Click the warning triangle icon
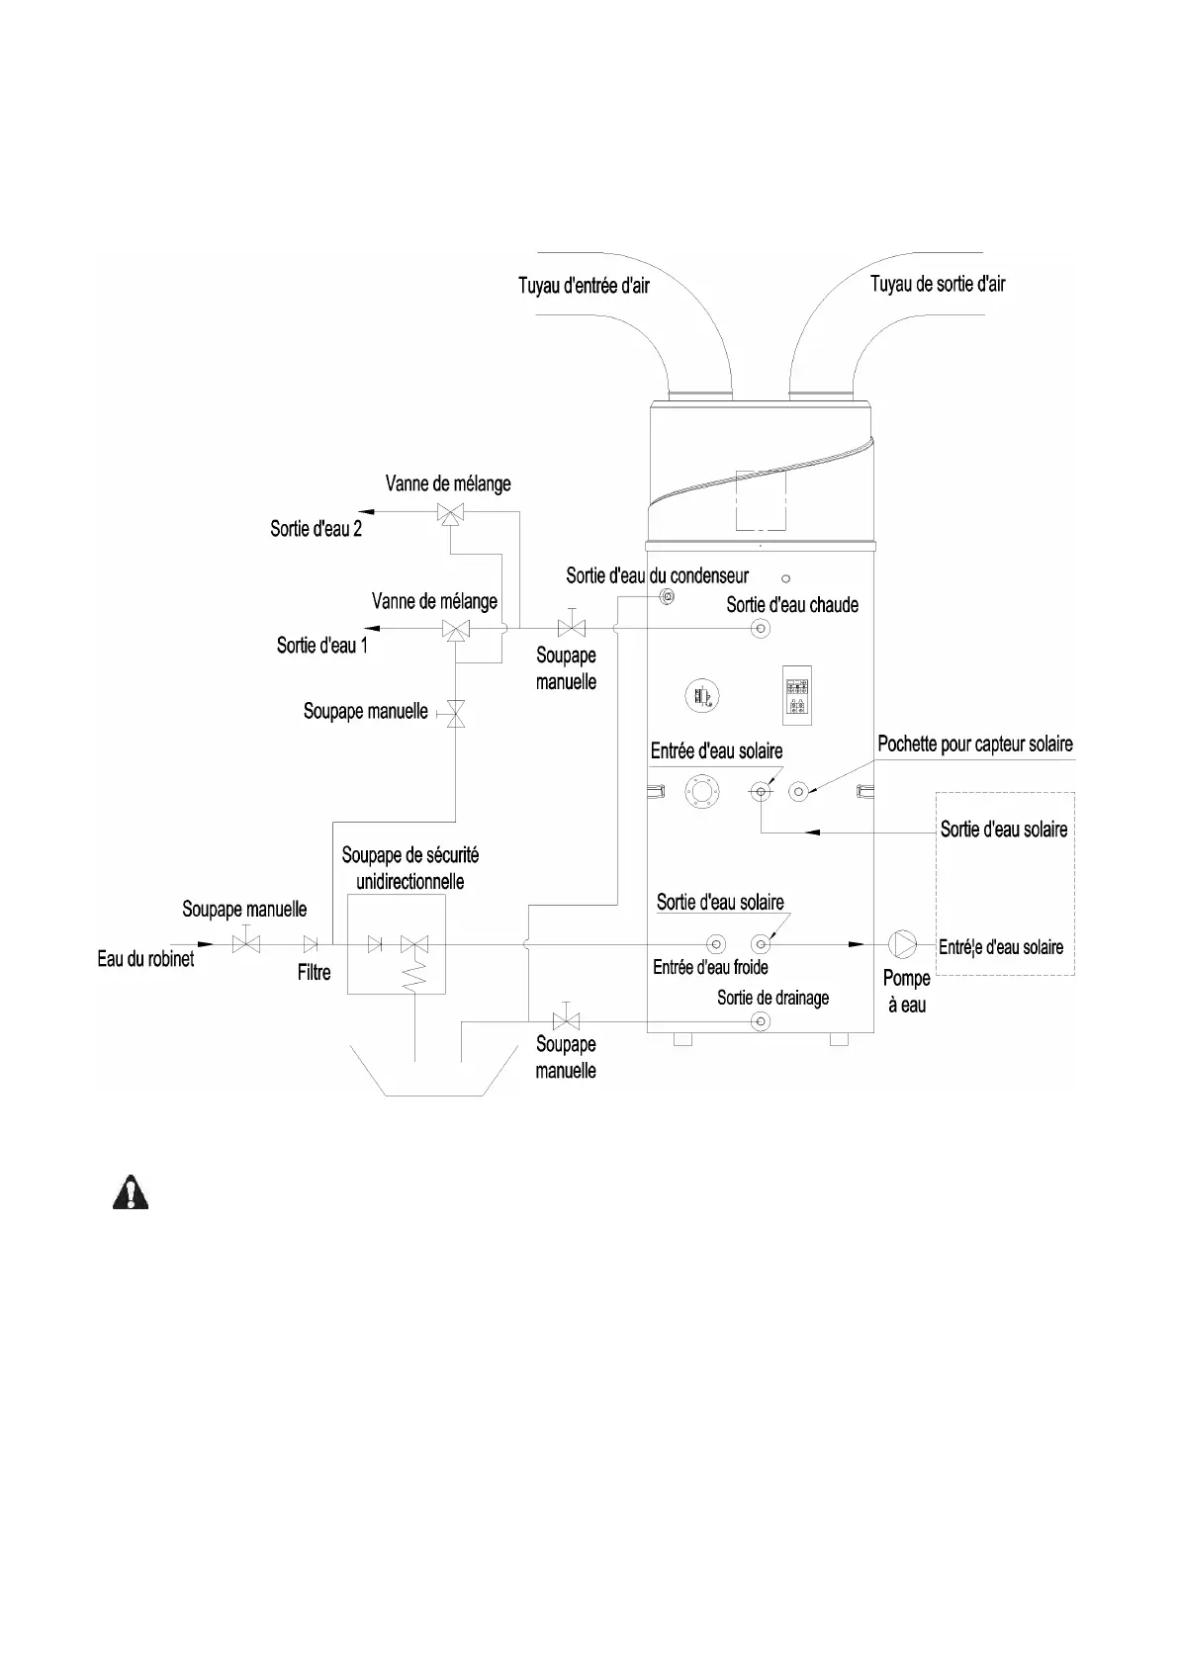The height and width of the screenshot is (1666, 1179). pyautogui.click(x=129, y=1193)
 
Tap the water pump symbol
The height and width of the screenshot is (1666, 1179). pyautogui.click(x=903, y=943)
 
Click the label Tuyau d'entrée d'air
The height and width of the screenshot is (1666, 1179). pyautogui.click(x=584, y=286)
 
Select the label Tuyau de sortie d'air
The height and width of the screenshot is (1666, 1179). pyautogui.click(x=938, y=285)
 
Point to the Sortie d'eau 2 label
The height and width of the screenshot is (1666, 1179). pyautogui.click(x=316, y=529)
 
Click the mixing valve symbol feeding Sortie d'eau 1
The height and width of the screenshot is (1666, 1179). pyautogui.click(x=456, y=630)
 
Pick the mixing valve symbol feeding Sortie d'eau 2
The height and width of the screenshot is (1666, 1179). pyautogui.click(x=450, y=513)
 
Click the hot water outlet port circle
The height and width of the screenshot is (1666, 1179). pyautogui.click(x=761, y=629)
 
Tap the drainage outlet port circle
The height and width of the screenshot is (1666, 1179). pyautogui.click(x=761, y=1021)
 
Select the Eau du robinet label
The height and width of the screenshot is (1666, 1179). pyautogui.click(x=145, y=958)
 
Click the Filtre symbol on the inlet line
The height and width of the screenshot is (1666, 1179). pyautogui.click(x=311, y=944)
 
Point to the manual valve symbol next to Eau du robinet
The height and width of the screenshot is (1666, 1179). pyautogui.click(x=245, y=943)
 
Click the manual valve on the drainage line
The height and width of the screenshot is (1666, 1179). pyautogui.click(x=566, y=1019)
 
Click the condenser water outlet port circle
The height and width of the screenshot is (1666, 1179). pyautogui.click(x=667, y=598)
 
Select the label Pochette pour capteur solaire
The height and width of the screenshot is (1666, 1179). pyautogui.click(x=975, y=745)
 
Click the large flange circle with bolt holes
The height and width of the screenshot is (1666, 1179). pyautogui.click(x=702, y=791)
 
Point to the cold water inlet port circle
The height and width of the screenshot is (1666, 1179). pyautogui.click(x=716, y=944)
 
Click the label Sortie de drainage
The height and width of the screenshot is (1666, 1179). pyautogui.click(x=772, y=998)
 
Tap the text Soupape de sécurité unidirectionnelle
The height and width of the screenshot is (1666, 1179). pyautogui.click(x=409, y=868)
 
